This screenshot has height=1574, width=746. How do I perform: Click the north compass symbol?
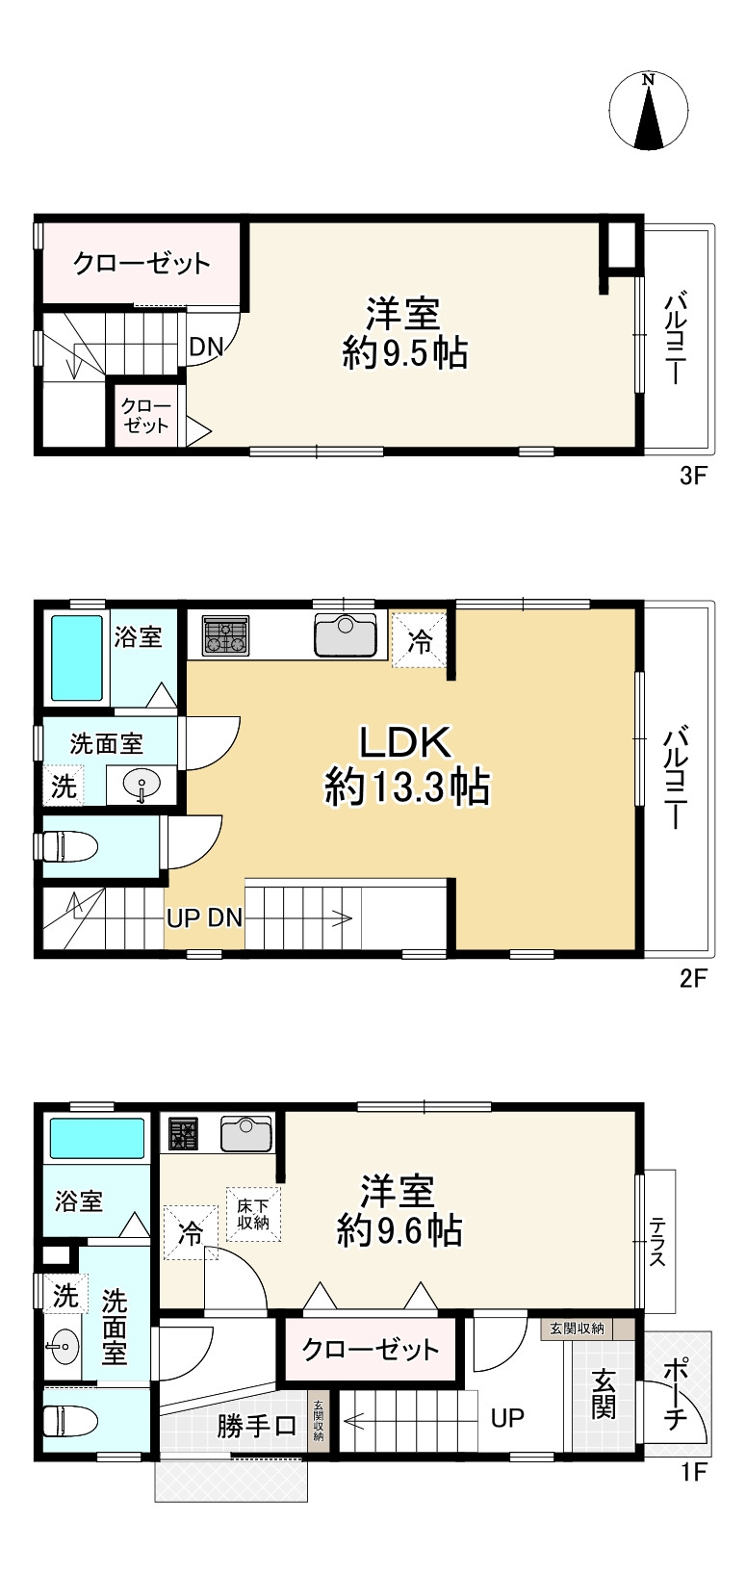650,111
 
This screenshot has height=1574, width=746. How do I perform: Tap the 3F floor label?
693,476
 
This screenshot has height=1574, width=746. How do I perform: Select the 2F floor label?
693,979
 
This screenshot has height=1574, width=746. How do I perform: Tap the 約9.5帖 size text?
405,354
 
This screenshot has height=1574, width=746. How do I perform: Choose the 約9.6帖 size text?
399,1230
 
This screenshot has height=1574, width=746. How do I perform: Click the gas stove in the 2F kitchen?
225,635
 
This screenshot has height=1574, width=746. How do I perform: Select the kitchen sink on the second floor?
345,635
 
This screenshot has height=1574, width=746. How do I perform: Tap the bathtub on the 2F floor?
77,658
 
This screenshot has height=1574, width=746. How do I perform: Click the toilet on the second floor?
69,847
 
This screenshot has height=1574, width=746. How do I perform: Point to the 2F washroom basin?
141,786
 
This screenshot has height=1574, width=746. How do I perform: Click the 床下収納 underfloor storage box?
253,1214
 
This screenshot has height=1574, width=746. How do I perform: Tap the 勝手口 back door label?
256,1426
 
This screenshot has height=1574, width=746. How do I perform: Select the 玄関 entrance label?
604,1393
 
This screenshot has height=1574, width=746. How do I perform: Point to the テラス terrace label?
658,1242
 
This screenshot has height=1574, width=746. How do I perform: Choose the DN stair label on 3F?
205,347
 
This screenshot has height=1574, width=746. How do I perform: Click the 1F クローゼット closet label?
371,1350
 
